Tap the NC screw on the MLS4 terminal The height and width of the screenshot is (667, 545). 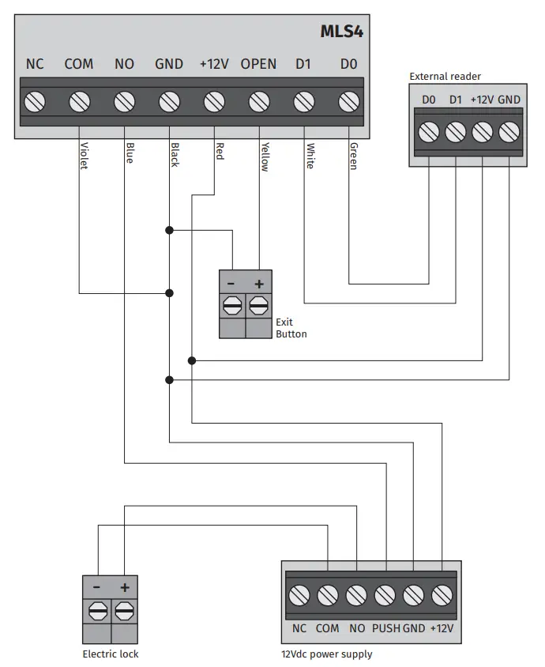(x=35, y=101)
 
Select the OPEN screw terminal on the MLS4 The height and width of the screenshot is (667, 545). (x=258, y=101)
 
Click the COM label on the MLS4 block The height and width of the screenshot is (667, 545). (x=78, y=64)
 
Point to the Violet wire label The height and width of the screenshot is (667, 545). (x=83, y=156)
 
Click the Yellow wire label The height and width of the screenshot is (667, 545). (x=265, y=156)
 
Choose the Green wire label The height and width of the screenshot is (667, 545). (x=353, y=156)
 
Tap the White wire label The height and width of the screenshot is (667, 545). (x=310, y=156)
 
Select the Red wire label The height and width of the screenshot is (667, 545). (x=219, y=151)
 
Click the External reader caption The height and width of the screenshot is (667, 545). (x=445, y=77)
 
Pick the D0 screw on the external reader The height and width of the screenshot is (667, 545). (x=429, y=131)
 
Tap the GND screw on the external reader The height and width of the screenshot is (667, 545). (x=509, y=131)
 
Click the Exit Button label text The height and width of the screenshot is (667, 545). (x=291, y=328)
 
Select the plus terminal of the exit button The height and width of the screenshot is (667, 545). (x=258, y=305)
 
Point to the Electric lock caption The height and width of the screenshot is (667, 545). (x=111, y=654)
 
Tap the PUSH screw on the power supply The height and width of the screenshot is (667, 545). (x=385, y=594)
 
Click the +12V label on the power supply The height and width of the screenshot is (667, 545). (x=442, y=628)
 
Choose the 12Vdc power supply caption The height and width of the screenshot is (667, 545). (x=326, y=654)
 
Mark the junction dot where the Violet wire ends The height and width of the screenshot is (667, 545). (x=169, y=293)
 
